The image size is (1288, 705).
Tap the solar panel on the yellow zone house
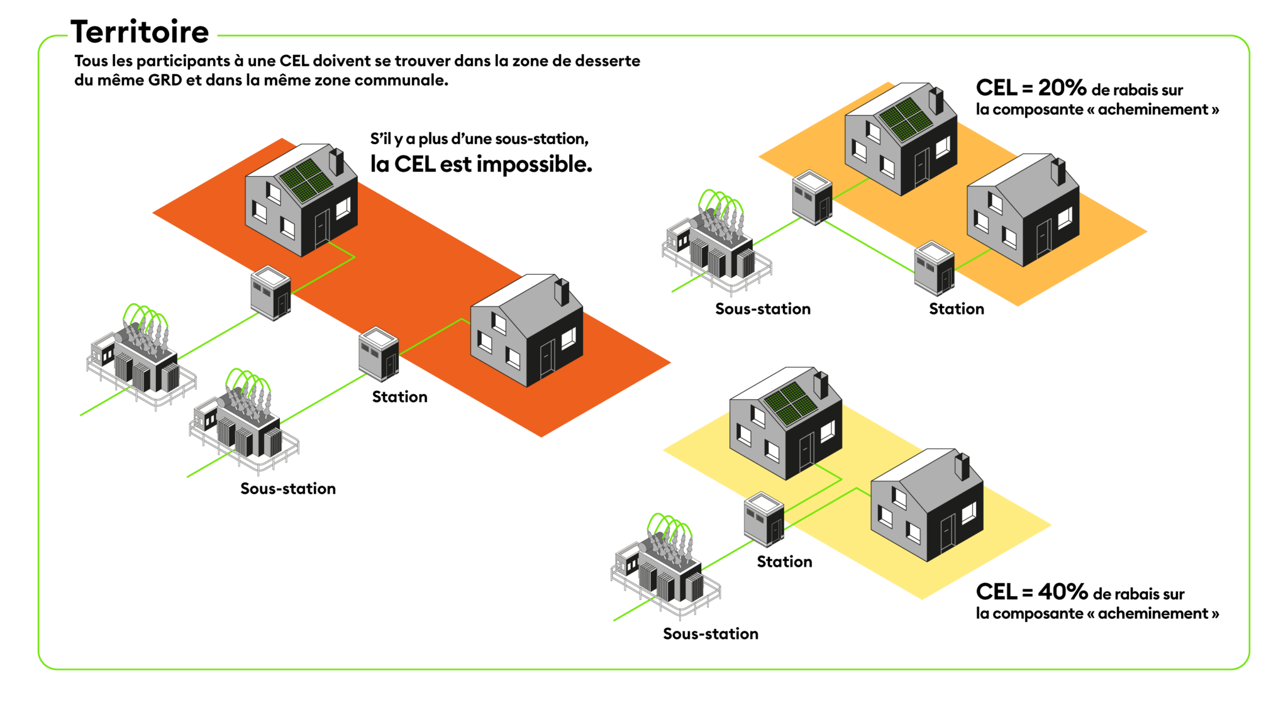(791, 403)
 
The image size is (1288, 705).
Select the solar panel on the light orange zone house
(905, 119)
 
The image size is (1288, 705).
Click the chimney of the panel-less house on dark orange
(561, 292)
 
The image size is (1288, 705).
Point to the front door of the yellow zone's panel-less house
(947, 531)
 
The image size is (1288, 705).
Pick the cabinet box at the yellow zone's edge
(764, 519)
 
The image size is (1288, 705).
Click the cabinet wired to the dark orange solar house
(270, 293)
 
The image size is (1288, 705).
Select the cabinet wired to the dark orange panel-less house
(379, 353)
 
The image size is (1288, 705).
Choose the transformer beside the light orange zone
(717, 242)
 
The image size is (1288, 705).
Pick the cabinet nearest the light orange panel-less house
(934, 268)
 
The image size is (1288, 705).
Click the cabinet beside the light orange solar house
(812, 197)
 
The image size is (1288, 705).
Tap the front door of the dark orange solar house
(321, 227)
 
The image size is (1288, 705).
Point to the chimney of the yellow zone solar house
(821, 384)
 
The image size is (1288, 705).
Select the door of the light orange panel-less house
(1044, 237)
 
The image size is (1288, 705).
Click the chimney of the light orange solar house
(936, 101)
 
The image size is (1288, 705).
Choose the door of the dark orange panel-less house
(547, 358)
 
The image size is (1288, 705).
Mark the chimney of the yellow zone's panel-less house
(962, 466)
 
